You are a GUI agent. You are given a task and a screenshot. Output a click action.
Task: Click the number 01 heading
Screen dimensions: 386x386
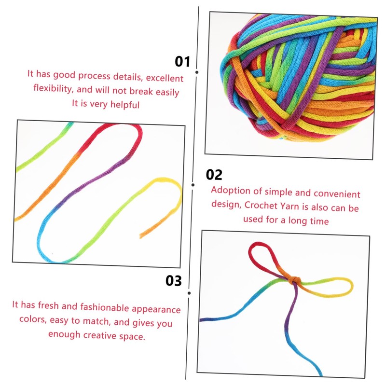(x=182, y=61)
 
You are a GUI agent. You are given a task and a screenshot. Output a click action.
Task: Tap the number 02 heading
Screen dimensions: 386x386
(x=214, y=175)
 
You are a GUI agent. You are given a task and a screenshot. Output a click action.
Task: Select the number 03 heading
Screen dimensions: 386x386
(x=174, y=280)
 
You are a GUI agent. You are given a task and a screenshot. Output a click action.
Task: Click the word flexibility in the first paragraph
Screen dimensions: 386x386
(x=53, y=88)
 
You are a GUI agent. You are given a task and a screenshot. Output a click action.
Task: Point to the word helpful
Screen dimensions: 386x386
(x=125, y=105)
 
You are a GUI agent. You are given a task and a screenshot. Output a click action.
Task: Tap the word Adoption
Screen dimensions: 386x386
(x=231, y=191)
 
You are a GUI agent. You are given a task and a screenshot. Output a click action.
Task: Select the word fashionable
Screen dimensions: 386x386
(x=105, y=307)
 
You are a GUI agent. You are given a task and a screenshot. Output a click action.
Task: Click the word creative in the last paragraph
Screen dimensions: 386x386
(x=99, y=335)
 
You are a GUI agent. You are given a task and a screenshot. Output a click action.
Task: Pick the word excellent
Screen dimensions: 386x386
(x=165, y=78)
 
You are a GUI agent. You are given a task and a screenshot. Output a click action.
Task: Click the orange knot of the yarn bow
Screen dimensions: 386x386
(x=294, y=280)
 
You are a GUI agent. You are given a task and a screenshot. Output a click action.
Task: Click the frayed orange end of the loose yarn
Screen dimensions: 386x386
(x=141, y=236)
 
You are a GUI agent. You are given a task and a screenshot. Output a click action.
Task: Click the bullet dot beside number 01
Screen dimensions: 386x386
(x=197, y=72)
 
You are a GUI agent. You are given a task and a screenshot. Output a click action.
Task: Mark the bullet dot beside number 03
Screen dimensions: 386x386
(x=189, y=293)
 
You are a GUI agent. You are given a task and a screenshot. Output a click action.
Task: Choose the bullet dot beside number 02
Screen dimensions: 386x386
(x=193, y=185)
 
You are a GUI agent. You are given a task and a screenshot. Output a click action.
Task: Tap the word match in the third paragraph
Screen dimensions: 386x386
(x=96, y=321)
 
